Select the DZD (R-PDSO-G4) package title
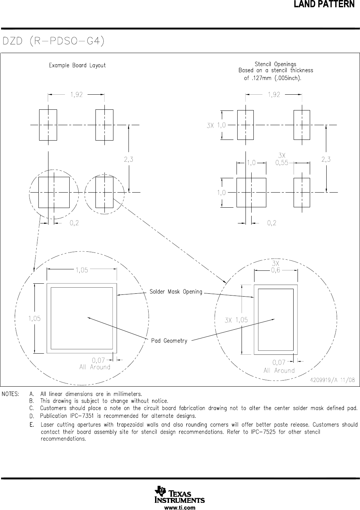tap(54, 41)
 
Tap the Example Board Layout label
tap(77, 65)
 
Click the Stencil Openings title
tap(275, 65)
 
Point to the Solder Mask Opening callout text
tap(176, 292)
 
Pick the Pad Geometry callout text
tap(169, 341)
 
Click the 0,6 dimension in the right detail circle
tap(275, 270)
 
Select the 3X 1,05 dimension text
tap(236, 320)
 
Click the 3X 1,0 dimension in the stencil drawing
tap(216, 125)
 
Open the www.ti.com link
tap(179, 507)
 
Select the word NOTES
tap(11, 394)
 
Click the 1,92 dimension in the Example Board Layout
tap(76, 95)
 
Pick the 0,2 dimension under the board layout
tap(74, 223)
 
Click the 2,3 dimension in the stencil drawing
tap(326, 160)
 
